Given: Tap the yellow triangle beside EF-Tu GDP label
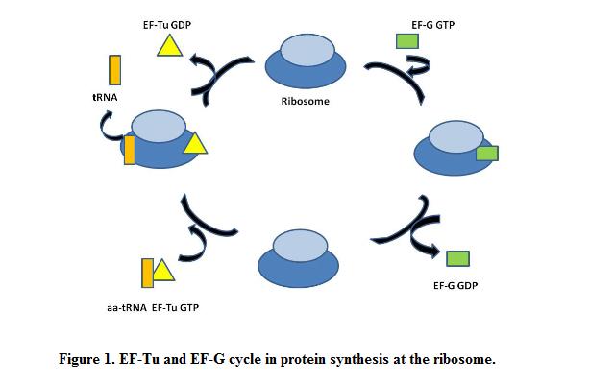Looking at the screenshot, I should (170, 45).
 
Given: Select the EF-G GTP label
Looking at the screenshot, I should (432, 25).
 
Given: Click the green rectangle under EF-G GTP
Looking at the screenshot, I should (407, 40).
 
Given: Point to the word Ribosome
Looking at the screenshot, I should (305, 101).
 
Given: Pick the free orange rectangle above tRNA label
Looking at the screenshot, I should (114, 71).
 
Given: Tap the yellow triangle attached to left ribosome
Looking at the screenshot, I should (195, 144).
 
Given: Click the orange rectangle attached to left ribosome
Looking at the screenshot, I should (130, 150).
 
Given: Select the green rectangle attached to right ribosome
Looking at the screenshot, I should (487, 153).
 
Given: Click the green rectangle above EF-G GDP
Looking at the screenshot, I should (458, 257).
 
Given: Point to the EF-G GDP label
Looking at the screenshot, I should (455, 285).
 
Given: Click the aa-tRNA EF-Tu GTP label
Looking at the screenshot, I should (153, 307).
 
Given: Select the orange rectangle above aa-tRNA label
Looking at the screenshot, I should (147, 274).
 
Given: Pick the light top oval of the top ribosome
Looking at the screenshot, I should (305, 53).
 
